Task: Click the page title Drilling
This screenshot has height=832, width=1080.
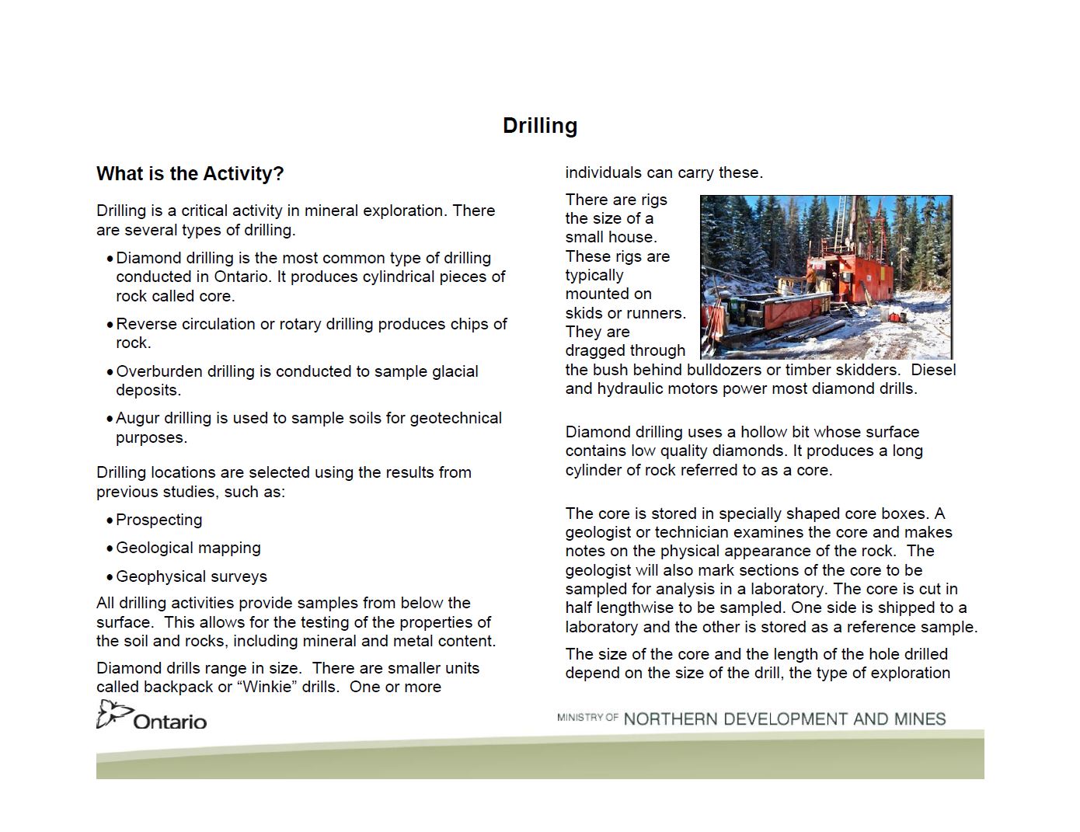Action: click(539, 126)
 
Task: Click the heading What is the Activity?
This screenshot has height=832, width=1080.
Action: click(190, 173)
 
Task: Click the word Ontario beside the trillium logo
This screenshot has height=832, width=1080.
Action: click(170, 722)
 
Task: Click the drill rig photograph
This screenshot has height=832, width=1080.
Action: click(825, 277)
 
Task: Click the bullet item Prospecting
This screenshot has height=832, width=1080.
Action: click(159, 520)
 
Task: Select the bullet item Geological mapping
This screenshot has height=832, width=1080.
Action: click(188, 548)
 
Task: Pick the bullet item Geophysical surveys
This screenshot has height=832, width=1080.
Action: click(191, 576)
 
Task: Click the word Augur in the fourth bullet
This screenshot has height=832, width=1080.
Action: click(139, 418)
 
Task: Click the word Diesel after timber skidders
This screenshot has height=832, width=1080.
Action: click(933, 370)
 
